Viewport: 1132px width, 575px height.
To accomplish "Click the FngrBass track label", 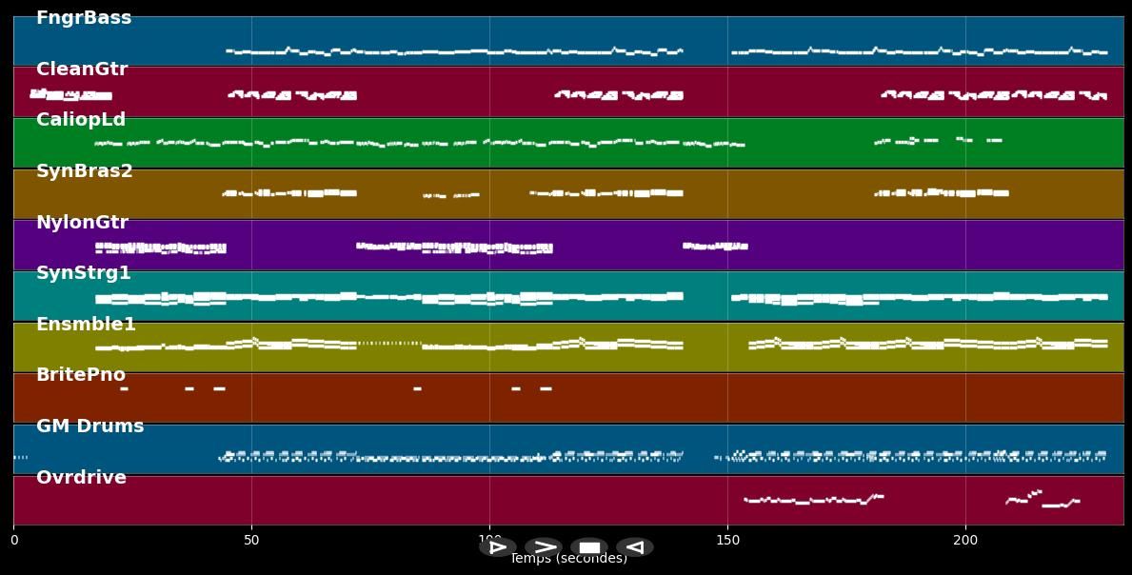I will (84, 18).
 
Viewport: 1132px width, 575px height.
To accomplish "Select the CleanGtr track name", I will (82, 69).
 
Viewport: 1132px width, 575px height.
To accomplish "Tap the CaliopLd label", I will (81, 120).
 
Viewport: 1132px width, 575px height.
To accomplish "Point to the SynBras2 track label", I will (85, 171).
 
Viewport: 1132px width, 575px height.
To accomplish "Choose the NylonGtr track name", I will (82, 223).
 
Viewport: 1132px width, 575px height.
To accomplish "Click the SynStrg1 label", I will (84, 273).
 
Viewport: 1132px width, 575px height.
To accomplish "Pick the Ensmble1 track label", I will (86, 325).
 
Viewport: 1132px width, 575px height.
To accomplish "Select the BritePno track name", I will (81, 375).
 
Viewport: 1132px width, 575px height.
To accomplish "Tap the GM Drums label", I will (90, 426).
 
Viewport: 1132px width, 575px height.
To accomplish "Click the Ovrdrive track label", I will (81, 478).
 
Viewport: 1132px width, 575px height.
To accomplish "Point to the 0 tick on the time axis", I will (13, 541).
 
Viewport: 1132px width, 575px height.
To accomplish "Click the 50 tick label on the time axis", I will (251, 541).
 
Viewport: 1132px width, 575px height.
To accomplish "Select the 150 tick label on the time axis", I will (727, 541).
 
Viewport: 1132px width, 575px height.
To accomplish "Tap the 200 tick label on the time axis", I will (965, 541).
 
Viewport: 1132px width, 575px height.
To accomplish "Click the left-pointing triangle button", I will (634, 547).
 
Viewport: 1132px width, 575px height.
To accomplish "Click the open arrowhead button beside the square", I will (544, 547).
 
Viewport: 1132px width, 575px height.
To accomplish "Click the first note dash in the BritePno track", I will (124, 388).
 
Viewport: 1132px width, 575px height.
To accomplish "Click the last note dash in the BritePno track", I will (546, 388).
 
